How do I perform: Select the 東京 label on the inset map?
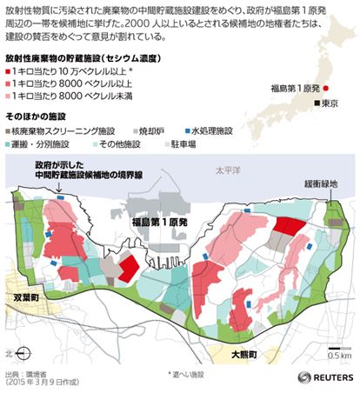tap(328, 104)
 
